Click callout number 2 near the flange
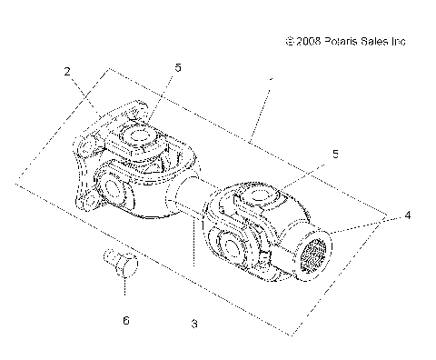click(x=67, y=71)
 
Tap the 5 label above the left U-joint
click(x=178, y=67)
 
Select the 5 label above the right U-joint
click(x=335, y=155)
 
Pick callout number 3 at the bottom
click(x=193, y=323)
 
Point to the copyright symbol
click(x=290, y=41)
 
